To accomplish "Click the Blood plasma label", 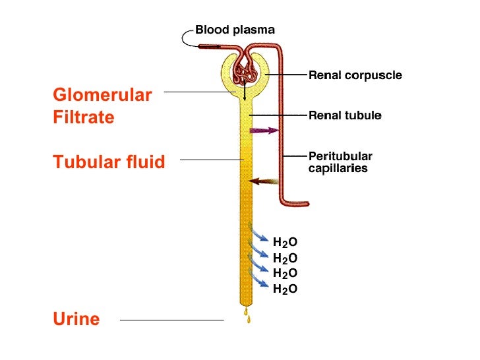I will point(235,30).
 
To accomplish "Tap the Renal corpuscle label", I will point(355,76).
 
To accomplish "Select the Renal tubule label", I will point(345,115).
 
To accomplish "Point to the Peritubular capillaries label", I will point(340,162).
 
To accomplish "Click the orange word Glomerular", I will point(102,95).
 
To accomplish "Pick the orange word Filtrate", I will point(84,117).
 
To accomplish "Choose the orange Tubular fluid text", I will point(109,161).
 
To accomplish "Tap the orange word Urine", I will point(76,319).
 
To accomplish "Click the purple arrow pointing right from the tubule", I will point(264,131).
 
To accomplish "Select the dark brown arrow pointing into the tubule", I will point(263,181).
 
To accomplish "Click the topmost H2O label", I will point(285,243).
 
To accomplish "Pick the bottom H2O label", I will point(285,288).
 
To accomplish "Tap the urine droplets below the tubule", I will point(247,315).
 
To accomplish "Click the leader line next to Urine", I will point(171,320).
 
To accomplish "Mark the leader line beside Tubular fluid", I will point(212,160).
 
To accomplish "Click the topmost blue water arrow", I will point(258,234).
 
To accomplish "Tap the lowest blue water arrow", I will point(258,281).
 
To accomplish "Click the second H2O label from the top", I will point(285,258).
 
